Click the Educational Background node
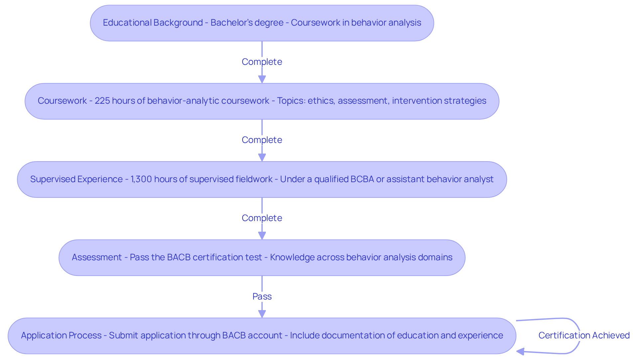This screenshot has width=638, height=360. (262, 23)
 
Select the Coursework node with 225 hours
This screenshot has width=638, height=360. (262, 101)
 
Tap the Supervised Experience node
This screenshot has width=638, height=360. (262, 180)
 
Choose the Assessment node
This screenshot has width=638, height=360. (262, 258)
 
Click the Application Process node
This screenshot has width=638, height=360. (262, 336)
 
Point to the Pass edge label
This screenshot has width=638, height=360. (262, 296)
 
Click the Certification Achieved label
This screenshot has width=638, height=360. (584, 335)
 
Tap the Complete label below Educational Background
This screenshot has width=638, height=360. (262, 62)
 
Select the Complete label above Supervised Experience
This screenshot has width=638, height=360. (262, 140)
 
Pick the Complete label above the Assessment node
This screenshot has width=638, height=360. (262, 218)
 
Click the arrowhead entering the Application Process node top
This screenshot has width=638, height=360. (262, 314)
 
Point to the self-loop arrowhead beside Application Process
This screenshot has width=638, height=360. (520, 352)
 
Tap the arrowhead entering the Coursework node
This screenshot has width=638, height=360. (262, 79)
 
